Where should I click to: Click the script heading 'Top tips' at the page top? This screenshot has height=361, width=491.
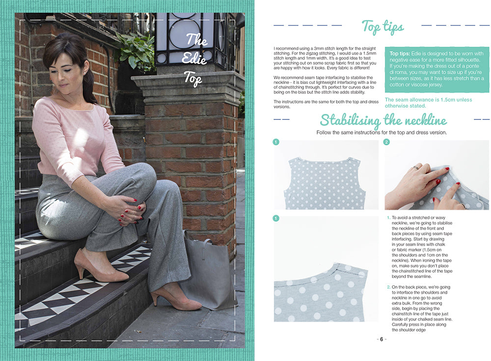(x=382, y=28)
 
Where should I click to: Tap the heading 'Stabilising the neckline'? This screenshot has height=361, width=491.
(x=383, y=120)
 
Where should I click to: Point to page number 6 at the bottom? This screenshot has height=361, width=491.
(x=382, y=339)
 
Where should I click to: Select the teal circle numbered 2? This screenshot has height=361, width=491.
(x=387, y=142)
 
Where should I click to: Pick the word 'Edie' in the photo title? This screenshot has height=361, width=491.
(x=194, y=58)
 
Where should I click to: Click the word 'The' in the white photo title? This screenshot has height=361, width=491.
(x=197, y=40)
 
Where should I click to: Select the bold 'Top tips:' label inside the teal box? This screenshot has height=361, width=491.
(x=400, y=54)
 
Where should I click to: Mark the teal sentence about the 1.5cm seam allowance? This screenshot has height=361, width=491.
(x=428, y=103)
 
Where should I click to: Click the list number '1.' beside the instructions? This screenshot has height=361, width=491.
(x=388, y=218)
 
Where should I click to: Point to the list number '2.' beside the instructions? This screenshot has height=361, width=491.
(x=388, y=287)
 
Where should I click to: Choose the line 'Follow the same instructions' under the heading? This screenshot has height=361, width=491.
(x=382, y=133)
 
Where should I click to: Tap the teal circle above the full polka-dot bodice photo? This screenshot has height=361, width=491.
(x=276, y=142)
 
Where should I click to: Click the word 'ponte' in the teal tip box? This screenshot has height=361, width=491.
(x=472, y=66)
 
